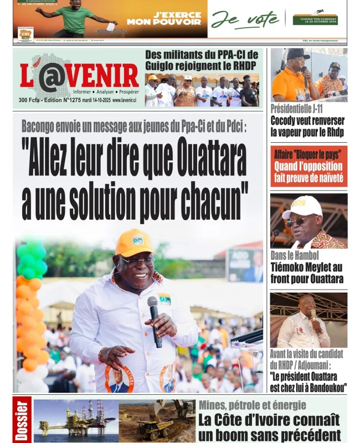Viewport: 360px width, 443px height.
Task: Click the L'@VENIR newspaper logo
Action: [x=79, y=77]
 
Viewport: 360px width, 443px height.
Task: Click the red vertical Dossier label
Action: [x=22, y=420]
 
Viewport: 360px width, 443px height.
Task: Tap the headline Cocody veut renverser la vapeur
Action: [x=307, y=126]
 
